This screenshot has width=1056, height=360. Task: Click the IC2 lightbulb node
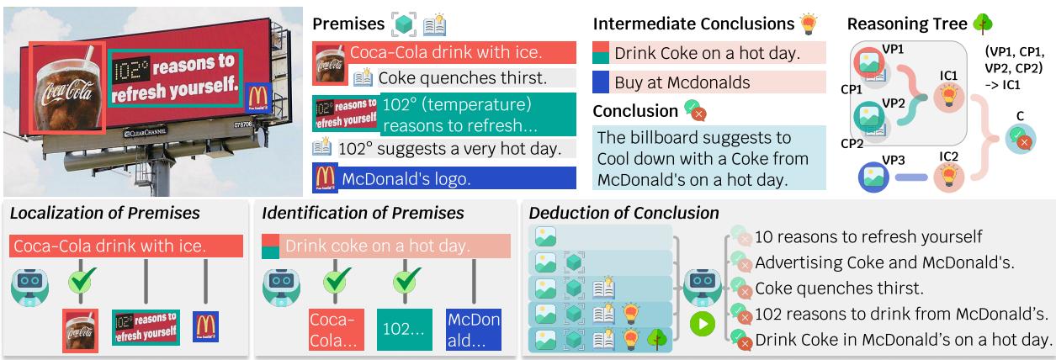click(949, 177)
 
